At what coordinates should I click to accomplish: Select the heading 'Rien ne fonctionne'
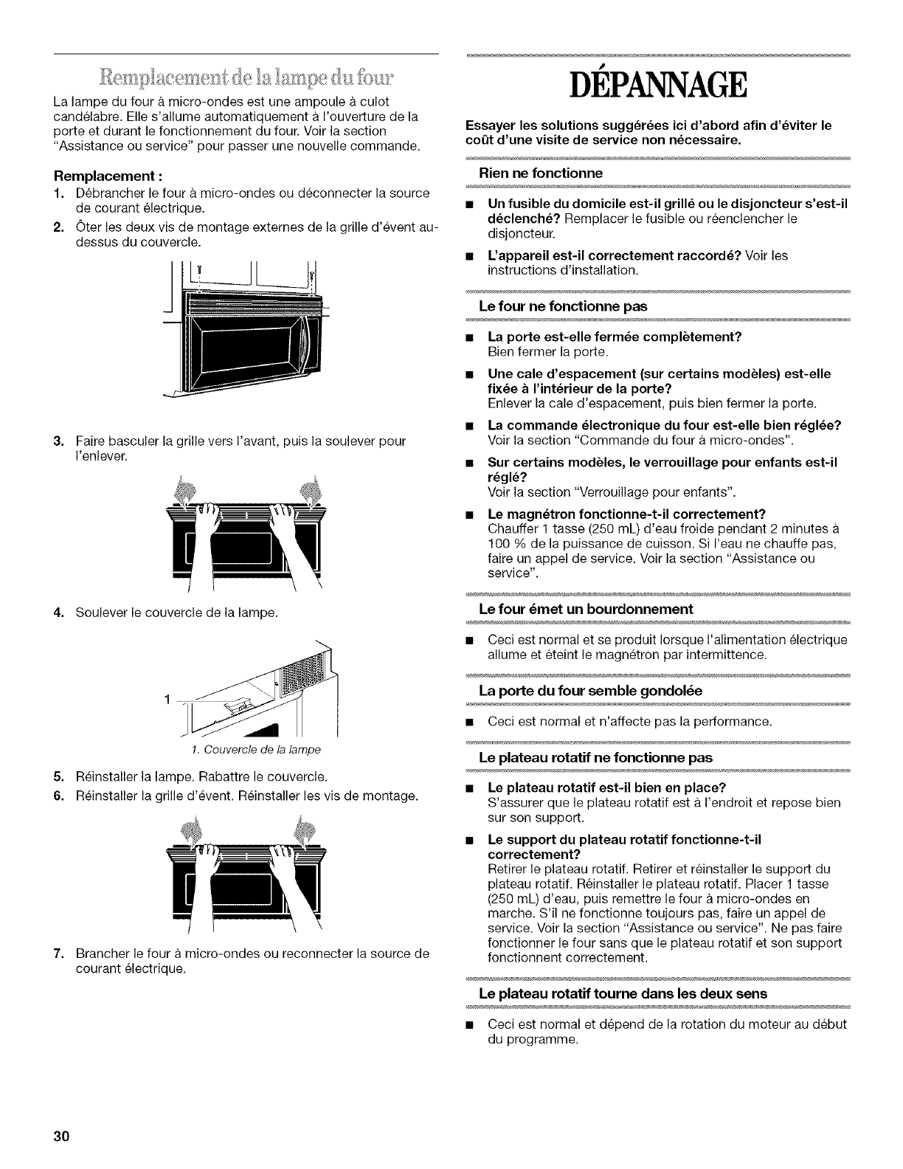tap(541, 173)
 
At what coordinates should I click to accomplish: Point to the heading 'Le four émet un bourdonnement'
tap(586, 609)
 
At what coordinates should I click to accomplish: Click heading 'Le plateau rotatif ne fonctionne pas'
tap(596, 758)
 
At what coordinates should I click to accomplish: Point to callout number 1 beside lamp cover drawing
tap(167, 698)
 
